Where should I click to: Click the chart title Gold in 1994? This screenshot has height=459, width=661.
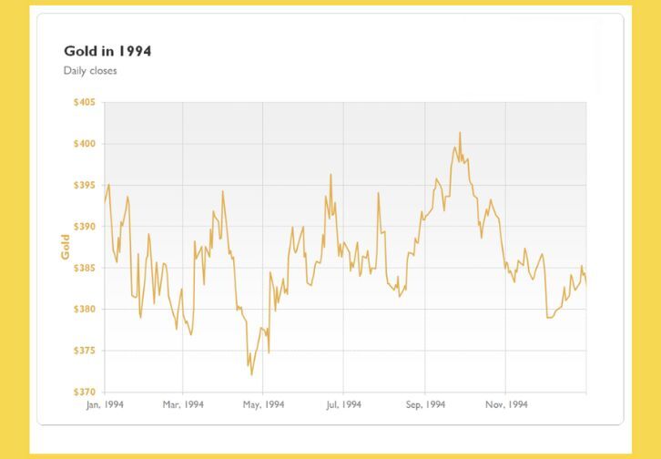(107, 51)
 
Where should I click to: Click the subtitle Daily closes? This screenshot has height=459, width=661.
(90, 70)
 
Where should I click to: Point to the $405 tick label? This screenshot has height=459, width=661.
(84, 102)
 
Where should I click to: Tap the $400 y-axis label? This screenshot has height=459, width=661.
(84, 144)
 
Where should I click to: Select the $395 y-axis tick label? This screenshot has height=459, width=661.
(84, 185)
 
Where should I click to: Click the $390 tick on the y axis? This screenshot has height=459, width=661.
(84, 227)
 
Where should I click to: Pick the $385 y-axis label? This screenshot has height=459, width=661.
(84, 268)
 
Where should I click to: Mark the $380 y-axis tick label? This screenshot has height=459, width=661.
(84, 310)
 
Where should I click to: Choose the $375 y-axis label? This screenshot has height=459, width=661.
(84, 351)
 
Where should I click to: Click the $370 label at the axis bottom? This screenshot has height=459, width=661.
(84, 392)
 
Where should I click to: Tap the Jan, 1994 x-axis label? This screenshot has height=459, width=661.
(105, 404)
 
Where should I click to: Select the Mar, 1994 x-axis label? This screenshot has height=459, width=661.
(184, 404)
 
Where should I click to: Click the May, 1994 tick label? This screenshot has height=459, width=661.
(263, 404)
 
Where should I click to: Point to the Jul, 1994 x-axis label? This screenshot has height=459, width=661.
(343, 404)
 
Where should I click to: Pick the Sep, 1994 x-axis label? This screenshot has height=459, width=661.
(425, 404)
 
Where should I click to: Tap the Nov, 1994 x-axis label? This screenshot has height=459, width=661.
(506, 404)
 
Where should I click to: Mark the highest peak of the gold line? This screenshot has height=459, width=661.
(460, 133)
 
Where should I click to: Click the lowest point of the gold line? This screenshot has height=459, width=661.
(251, 374)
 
